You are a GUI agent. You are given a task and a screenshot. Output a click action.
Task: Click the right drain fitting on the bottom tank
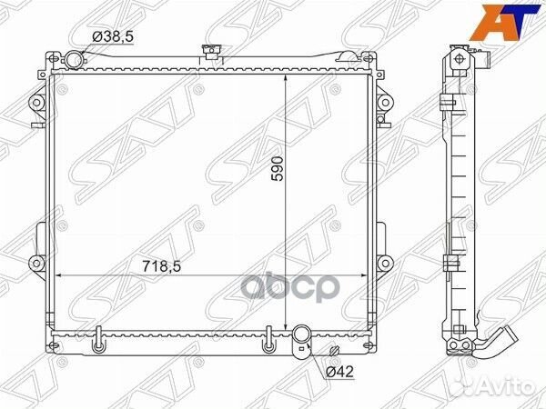(x=268, y=346)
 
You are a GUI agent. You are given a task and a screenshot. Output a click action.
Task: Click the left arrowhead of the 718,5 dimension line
(x=62, y=275)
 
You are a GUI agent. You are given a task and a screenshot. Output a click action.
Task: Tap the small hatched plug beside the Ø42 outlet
(x=335, y=351)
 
